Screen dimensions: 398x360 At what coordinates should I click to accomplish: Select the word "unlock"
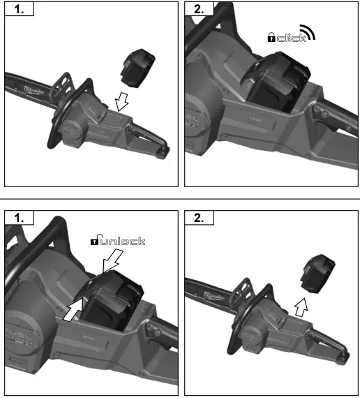tap(123, 241)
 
